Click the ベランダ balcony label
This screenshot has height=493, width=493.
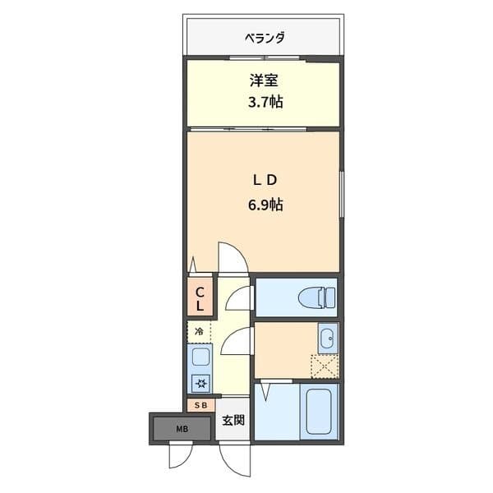(x=264, y=37)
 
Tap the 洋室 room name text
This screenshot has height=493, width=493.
(x=263, y=81)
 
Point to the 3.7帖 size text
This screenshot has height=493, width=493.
(x=263, y=103)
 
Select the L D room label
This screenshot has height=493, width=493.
(x=264, y=179)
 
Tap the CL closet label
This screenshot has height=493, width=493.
(x=200, y=298)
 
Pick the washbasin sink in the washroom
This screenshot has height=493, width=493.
(x=326, y=338)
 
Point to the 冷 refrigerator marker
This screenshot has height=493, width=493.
(x=198, y=331)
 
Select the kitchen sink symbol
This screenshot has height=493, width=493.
(x=200, y=357)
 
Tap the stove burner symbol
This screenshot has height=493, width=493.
(x=200, y=382)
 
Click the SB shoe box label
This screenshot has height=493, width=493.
(x=200, y=405)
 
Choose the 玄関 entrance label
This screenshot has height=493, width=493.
(x=233, y=421)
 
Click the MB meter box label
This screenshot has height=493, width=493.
(x=179, y=428)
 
